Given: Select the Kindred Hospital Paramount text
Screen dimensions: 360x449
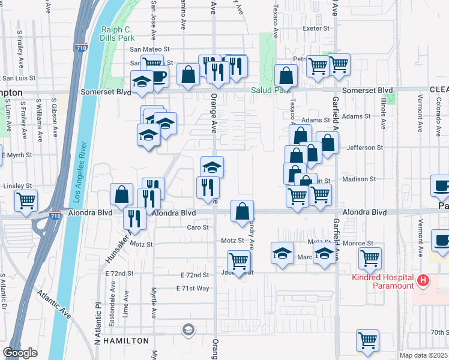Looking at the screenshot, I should pyautogui.click(x=383, y=281).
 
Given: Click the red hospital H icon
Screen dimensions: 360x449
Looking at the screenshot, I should pyautogui.click(x=423, y=280).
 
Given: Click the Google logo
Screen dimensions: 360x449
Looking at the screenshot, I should pyautogui.click(x=20, y=353).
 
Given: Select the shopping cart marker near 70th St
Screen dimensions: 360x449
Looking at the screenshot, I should pyautogui.click(x=367, y=340).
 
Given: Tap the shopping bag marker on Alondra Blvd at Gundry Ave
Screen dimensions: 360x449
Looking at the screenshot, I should pyautogui.click(x=242, y=211).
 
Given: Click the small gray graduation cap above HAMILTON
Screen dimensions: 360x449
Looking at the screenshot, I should pyautogui.click(x=188, y=329).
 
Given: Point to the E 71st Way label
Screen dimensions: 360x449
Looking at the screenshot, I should pyautogui.click(x=193, y=289).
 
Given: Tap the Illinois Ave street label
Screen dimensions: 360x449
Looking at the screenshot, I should pyautogui.click(x=383, y=118).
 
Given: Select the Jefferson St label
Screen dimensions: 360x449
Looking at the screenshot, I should pyautogui.click(x=364, y=148).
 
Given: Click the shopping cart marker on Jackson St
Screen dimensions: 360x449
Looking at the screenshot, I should pyautogui.click(x=239, y=262).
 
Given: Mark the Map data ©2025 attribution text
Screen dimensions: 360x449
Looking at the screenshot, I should pyautogui.click(x=423, y=355).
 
